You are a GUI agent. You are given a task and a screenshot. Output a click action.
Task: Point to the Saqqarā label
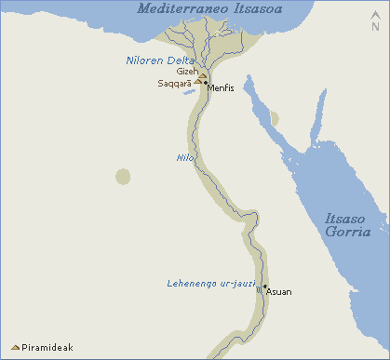tap(174, 84)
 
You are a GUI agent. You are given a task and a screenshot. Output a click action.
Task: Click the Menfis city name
tap(221, 88)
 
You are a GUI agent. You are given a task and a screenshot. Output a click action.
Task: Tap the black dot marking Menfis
tap(206, 84)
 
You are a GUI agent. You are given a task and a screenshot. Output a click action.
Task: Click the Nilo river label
tap(184, 158)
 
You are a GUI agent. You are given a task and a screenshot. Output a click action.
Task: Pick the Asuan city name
tap(279, 292)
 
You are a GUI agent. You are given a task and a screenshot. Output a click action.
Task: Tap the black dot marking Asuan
tap(265, 287)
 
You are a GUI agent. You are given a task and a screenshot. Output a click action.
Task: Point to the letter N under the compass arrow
tap(376, 27)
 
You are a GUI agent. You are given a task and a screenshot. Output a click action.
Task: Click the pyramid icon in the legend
tap(15, 348)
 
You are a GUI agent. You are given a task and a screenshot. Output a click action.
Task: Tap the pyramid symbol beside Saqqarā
tap(197, 82)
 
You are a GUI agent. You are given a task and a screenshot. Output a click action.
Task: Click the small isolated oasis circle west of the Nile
tap(123, 176)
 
